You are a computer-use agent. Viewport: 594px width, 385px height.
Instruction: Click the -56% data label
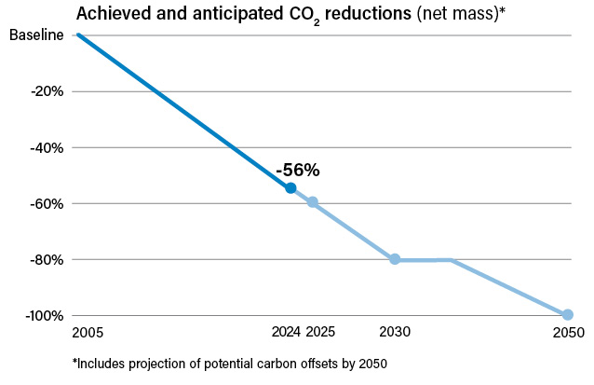(297, 171)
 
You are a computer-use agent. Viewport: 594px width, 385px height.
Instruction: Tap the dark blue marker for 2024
(290, 188)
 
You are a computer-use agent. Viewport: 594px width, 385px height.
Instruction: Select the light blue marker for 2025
(313, 202)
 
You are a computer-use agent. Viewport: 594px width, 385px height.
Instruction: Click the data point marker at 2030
(395, 259)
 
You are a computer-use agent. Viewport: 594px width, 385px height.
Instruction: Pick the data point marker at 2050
(567, 315)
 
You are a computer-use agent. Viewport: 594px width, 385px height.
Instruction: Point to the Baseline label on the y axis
(37, 35)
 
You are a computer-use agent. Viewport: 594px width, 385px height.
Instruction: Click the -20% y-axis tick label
(46, 91)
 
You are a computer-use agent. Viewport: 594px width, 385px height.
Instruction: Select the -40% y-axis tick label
(46, 147)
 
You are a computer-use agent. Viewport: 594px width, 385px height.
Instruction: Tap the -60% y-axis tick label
(46, 203)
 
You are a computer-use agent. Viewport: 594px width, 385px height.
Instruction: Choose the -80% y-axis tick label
(46, 259)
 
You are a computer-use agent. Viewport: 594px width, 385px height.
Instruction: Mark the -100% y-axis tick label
(43, 315)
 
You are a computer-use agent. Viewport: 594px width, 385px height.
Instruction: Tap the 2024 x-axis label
(287, 333)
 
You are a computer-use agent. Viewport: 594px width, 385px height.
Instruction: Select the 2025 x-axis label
(319, 333)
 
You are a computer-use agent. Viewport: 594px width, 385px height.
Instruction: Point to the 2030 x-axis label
(395, 333)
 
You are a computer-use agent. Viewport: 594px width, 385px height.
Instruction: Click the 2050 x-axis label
(568, 333)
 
